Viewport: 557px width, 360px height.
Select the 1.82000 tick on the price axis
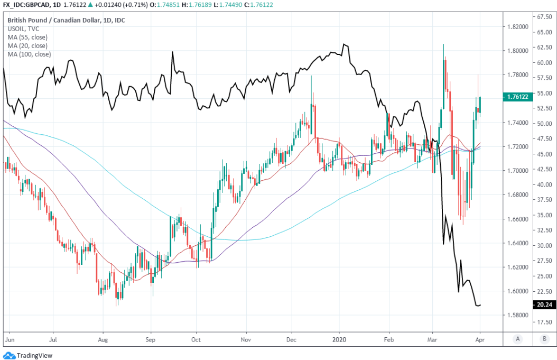pos(517,26)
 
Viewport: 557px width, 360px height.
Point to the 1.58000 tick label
pos(517,315)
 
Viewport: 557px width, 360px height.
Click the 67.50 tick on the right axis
pos(545,17)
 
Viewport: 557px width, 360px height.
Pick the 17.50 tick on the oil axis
pos(545,321)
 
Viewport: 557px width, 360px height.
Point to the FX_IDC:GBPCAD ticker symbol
pos(25,5)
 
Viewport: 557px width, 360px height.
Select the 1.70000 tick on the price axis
pos(517,171)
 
